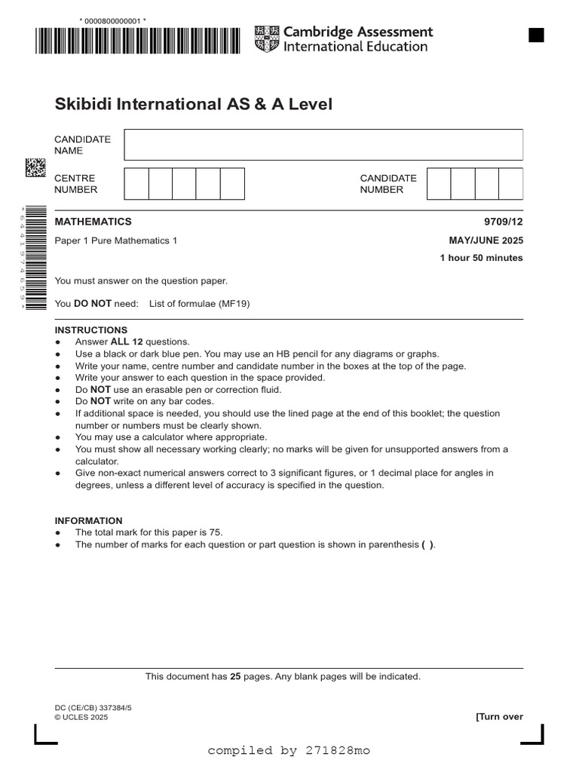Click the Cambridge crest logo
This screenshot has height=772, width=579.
click(x=266, y=38)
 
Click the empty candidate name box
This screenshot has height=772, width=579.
click(x=323, y=144)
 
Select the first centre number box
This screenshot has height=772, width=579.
click(x=136, y=183)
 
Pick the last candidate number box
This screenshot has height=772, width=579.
click(x=510, y=183)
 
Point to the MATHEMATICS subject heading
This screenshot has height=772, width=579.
click(x=93, y=222)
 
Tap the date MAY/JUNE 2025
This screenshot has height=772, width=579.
click(x=486, y=240)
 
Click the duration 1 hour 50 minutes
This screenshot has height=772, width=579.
click(x=481, y=258)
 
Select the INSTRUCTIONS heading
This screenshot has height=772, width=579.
click(x=91, y=330)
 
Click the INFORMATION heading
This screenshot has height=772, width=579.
click(x=88, y=520)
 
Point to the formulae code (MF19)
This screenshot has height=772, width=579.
click(x=234, y=304)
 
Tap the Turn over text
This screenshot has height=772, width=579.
click(x=499, y=717)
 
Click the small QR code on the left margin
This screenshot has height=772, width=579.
click(x=35, y=167)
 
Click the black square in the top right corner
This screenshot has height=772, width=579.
click(x=536, y=35)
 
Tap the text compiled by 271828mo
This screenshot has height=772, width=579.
click(x=289, y=751)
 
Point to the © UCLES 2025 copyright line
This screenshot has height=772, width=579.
click(x=81, y=718)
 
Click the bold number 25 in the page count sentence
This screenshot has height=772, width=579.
click(x=235, y=677)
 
